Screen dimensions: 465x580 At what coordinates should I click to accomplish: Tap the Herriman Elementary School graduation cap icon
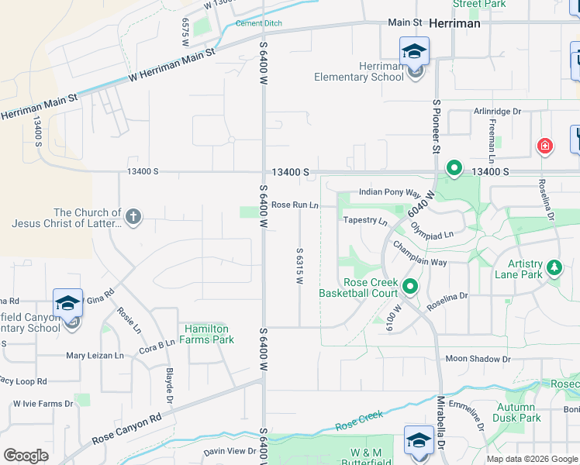(x=414, y=52)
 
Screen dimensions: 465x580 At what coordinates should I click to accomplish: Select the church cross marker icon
(x=133, y=216)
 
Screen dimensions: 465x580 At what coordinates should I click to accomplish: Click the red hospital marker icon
(x=545, y=146)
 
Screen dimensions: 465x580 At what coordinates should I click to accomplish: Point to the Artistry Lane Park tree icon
(x=554, y=268)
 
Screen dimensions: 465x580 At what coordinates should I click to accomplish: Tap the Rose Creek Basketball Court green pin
(x=410, y=288)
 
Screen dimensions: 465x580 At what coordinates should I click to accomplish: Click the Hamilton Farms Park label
(x=207, y=334)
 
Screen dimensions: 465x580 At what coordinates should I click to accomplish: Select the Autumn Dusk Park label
(x=516, y=412)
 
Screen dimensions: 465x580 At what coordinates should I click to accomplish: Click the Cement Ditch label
(x=258, y=24)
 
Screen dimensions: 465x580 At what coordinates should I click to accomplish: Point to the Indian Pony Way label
(x=388, y=192)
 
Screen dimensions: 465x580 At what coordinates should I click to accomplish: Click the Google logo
(x=26, y=456)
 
